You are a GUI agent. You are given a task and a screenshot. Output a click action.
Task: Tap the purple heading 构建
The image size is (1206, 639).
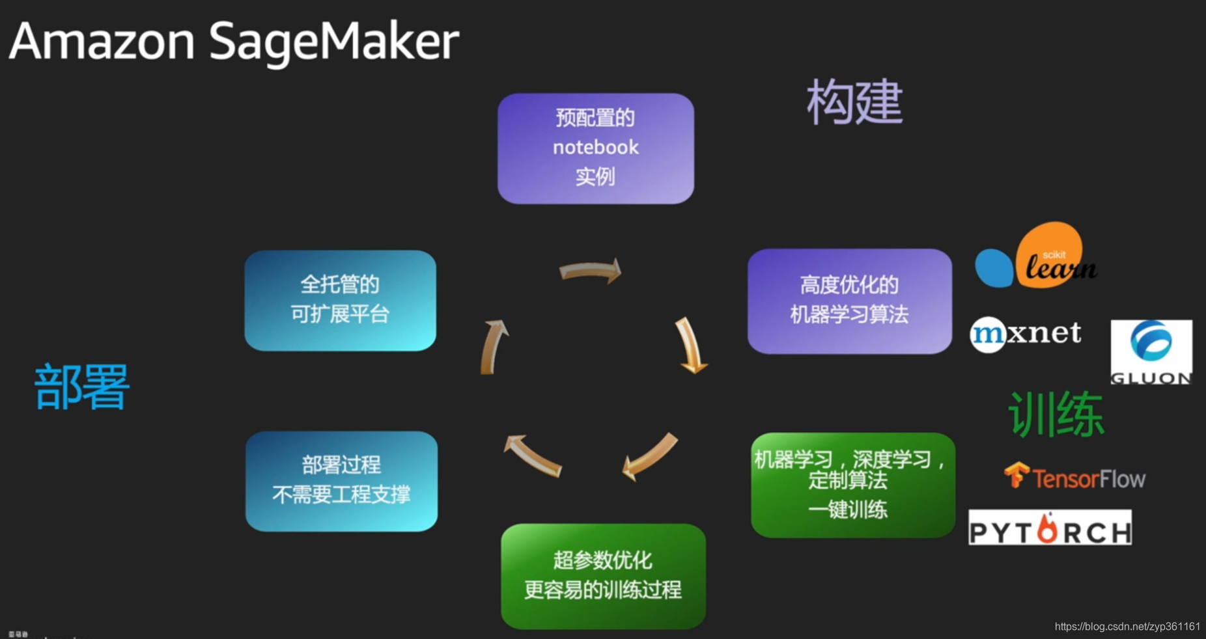point(854,102)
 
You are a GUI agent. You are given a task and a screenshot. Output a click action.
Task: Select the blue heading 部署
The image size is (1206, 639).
point(82,387)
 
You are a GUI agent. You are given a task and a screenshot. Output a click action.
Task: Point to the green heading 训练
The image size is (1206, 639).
point(1056,414)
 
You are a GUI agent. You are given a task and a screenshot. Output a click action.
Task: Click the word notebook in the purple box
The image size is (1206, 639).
point(596,148)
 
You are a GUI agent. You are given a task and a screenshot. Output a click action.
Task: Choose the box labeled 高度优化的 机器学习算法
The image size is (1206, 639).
point(849,301)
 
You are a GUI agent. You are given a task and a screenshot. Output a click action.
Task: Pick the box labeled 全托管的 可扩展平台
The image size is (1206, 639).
point(340,301)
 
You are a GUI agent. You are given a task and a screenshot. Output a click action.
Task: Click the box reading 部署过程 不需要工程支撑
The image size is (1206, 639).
point(341,481)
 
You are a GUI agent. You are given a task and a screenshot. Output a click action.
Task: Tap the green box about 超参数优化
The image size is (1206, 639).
point(603,576)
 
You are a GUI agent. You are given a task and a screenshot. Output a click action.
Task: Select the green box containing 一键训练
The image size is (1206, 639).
point(852,485)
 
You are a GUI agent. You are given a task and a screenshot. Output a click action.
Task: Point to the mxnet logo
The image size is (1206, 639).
point(1026,334)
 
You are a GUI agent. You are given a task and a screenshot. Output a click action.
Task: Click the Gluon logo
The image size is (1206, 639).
point(1151,351)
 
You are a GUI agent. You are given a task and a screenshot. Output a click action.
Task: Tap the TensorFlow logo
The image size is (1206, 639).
point(1074,477)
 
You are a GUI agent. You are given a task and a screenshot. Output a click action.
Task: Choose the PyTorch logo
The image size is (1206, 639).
point(1050,528)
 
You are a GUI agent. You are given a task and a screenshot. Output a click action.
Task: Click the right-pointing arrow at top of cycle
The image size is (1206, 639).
point(591,271)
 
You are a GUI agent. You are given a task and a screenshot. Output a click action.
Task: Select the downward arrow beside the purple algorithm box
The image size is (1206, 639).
point(690,346)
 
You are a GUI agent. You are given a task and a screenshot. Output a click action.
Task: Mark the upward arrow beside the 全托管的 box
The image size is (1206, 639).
point(494,346)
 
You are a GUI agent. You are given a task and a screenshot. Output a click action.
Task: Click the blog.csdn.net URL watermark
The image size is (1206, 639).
point(1127,626)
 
